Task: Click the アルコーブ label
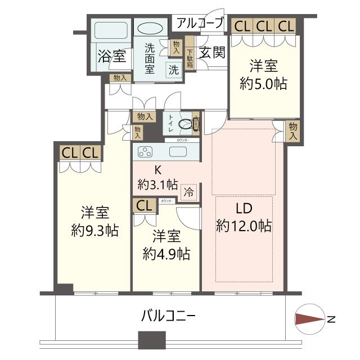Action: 199,23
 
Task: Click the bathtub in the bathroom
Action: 110,31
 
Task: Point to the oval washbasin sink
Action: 150,29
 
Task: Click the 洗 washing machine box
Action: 174,70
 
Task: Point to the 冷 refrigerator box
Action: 189,192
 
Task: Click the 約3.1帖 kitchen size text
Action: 158,184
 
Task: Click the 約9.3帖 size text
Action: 94,231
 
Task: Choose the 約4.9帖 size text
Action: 166,254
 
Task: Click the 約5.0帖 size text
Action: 263,84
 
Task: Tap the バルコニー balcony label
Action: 168,316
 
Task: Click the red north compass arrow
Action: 308,319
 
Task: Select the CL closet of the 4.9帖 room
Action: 143,205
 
